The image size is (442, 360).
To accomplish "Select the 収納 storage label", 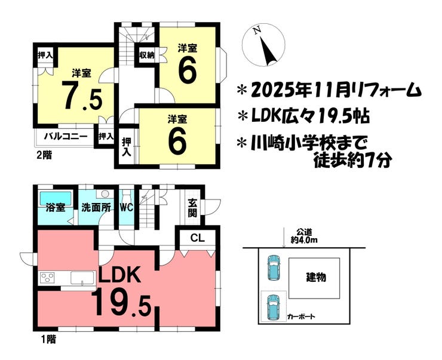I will pos(147,54).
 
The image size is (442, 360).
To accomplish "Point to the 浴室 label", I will pos(56,209).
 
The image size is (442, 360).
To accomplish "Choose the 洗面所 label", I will pos(96,209).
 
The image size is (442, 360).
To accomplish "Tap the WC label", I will pos(126,209).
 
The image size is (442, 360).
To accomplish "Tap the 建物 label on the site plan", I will pos(315,278).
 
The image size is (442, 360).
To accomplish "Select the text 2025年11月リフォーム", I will pos(330,91).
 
